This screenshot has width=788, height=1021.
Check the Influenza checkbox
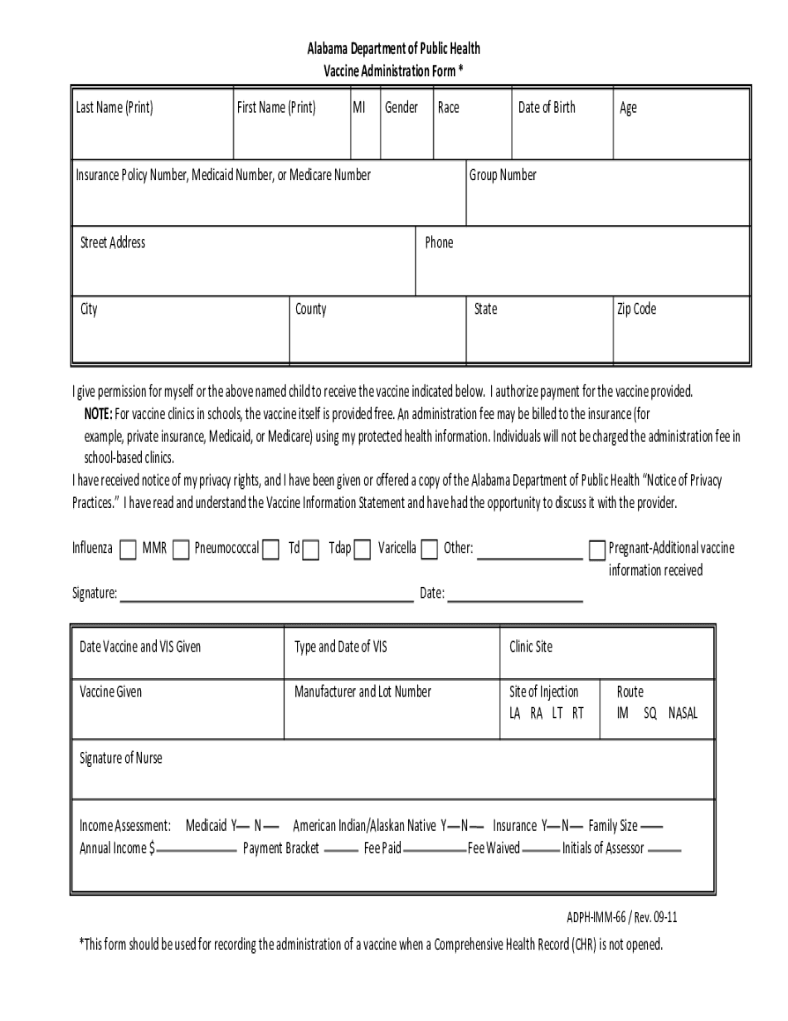129,550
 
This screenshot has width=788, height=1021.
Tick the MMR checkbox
181,550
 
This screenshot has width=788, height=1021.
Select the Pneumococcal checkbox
270,550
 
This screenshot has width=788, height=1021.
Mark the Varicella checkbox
429,550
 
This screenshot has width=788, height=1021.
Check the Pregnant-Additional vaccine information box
596,550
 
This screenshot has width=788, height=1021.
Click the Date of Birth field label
547,107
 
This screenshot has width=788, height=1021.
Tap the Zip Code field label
636,309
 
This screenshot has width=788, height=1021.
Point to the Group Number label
503,174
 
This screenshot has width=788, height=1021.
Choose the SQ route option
649,712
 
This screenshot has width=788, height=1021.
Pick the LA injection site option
515,712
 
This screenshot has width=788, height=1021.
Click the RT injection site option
577,712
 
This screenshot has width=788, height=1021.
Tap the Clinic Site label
531,647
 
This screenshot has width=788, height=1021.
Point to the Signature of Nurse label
121,758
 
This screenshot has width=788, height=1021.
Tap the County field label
311,309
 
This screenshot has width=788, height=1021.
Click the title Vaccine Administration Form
390,71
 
